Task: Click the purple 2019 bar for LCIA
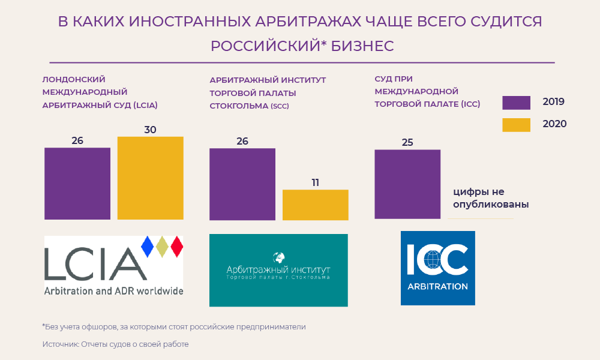coord(77,183)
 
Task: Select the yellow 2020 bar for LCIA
coord(150,178)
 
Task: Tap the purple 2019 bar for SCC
coord(242,184)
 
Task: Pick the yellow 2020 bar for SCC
coord(315,205)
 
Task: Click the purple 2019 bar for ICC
coord(407,184)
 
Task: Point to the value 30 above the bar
coord(150,129)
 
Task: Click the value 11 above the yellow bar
coord(315,182)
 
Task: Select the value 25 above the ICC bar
coord(407,142)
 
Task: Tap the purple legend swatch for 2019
coord(516,102)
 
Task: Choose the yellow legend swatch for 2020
coord(516,124)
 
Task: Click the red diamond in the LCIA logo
coord(176,246)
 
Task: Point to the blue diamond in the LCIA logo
coord(146,246)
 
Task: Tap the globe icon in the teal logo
coord(278,259)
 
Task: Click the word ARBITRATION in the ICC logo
coord(437,286)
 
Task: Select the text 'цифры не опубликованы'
coord(491,198)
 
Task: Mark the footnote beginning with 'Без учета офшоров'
coord(174,327)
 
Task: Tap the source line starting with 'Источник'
coord(115,344)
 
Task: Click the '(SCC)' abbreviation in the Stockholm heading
coord(279,107)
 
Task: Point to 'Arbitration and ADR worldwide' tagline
coord(113,291)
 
